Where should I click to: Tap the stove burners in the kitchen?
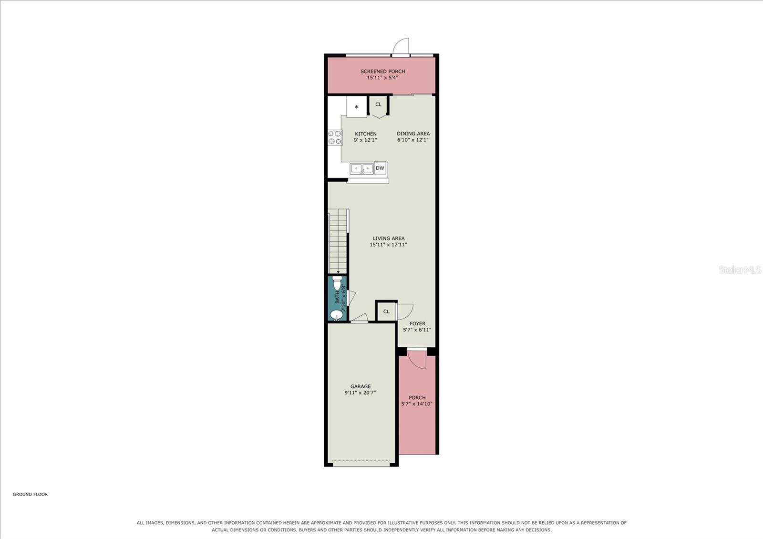click(x=335, y=137)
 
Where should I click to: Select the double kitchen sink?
click(x=362, y=169)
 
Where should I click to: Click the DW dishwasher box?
click(x=380, y=168)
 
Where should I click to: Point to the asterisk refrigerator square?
click(x=357, y=107)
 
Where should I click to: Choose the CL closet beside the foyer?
click(x=386, y=311)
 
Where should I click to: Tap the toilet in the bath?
click(x=337, y=283)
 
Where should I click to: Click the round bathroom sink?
click(x=336, y=315)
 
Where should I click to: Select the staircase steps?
click(x=338, y=241)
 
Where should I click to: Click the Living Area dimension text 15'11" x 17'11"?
click(x=388, y=244)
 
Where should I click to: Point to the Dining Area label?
click(x=413, y=134)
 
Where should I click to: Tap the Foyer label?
click(x=417, y=324)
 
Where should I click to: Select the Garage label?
click(x=361, y=386)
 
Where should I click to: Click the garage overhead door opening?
click(x=361, y=463)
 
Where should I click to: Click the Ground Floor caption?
click(x=31, y=494)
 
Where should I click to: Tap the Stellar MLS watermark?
click(x=740, y=270)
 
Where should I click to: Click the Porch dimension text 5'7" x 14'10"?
click(x=417, y=404)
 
